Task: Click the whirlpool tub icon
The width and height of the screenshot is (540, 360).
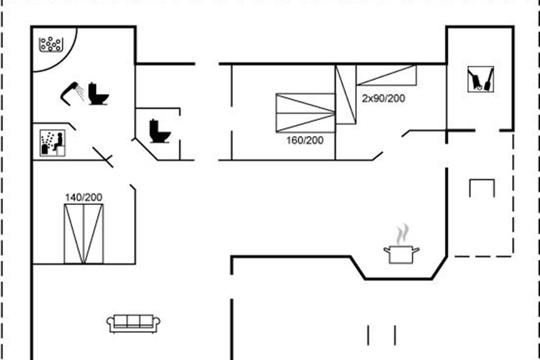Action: click(x=50, y=44)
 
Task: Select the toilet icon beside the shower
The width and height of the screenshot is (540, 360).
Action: click(x=98, y=94)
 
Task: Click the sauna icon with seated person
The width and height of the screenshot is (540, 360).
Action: click(x=53, y=143)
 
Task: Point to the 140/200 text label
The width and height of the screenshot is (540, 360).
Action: click(x=84, y=197)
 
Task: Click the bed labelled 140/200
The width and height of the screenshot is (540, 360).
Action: click(x=84, y=234)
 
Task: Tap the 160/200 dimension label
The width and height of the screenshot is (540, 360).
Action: click(x=305, y=140)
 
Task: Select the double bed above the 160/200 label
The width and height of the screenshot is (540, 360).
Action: click(x=305, y=113)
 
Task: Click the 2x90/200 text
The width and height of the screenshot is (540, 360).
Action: click(x=383, y=98)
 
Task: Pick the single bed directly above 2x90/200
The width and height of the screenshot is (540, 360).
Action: click(x=386, y=75)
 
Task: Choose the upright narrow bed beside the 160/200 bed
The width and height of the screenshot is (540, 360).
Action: click(x=346, y=94)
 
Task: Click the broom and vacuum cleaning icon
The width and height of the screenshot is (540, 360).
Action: click(x=481, y=79)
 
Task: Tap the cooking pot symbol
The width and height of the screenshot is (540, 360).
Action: click(x=401, y=254)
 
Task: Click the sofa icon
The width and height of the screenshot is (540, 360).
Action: click(x=134, y=323)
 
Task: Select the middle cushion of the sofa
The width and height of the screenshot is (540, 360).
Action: click(x=134, y=320)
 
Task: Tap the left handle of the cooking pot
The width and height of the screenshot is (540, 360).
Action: click(x=386, y=248)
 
